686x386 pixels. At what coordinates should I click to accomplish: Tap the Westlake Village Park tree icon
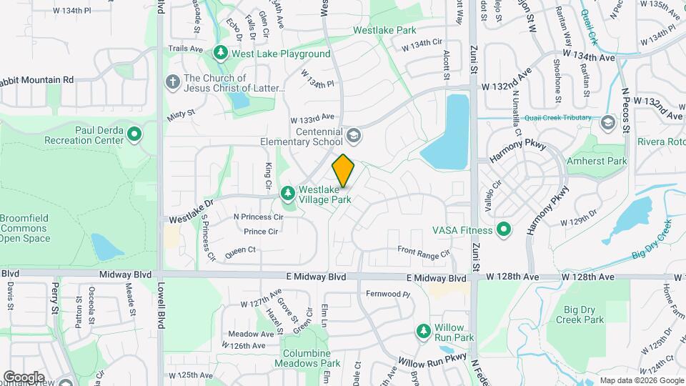click(x=287, y=193)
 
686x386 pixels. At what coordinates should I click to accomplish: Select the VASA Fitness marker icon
click(x=504, y=230)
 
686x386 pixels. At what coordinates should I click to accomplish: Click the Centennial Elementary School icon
click(x=353, y=135)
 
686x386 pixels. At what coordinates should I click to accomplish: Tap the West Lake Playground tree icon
click(x=222, y=54)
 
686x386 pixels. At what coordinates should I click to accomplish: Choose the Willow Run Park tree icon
click(x=422, y=331)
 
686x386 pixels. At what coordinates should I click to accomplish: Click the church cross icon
click(x=172, y=82)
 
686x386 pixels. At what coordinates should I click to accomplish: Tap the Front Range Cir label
click(x=424, y=252)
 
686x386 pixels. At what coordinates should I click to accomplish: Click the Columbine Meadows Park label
click(x=306, y=358)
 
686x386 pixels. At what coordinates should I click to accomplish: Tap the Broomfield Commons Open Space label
click(x=25, y=229)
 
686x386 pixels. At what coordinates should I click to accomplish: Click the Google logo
click(x=24, y=377)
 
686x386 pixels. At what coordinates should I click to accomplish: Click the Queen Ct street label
click(x=240, y=249)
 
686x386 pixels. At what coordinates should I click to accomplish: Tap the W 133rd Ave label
click(x=312, y=117)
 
